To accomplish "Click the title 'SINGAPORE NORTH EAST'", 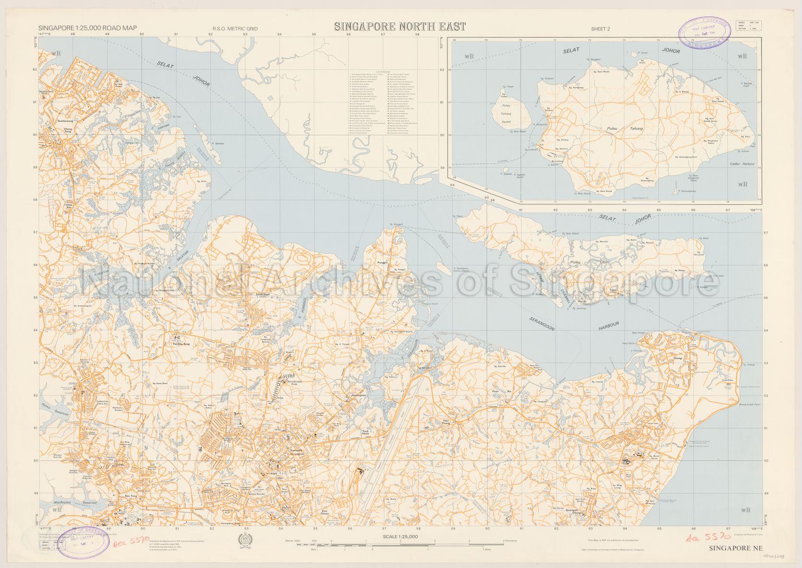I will pyautogui.click(x=393, y=27).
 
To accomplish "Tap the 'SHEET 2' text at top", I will pyautogui.click(x=600, y=29).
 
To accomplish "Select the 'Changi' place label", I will pyautogui.click(x=678, y=359).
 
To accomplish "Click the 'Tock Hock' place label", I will pyautogui.click(x=365, y=433).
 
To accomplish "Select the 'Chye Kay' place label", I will pyautogui.click(x=69, y=206).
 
